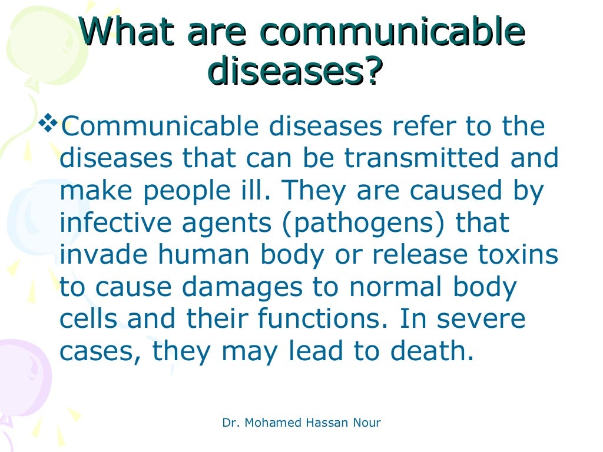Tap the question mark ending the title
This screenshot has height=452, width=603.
pyautogui.click(x=367, y=72)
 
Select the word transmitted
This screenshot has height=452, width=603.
pyautogui.click(x=419, y=159)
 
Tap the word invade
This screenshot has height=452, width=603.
pyautogui.click(x=102, y=255)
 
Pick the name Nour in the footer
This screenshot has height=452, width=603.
pyautogui.click(x=366, y=423)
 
